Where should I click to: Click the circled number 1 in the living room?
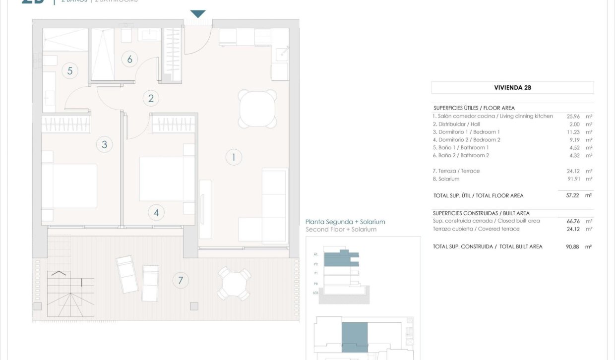234,158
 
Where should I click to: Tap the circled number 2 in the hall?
151,98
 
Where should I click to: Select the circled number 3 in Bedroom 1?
104,145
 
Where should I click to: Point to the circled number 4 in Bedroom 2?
156,213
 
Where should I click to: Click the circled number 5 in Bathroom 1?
70,71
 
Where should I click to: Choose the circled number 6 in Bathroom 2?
129,60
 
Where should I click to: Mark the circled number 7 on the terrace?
181,281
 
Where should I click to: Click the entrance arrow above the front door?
198,14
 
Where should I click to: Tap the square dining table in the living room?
257,109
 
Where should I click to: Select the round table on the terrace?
234,284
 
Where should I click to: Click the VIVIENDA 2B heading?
512,88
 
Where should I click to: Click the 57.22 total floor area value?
573,196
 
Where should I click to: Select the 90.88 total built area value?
573,246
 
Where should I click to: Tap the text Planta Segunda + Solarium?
345,222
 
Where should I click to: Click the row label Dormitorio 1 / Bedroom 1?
466,132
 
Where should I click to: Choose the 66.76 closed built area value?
573,221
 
